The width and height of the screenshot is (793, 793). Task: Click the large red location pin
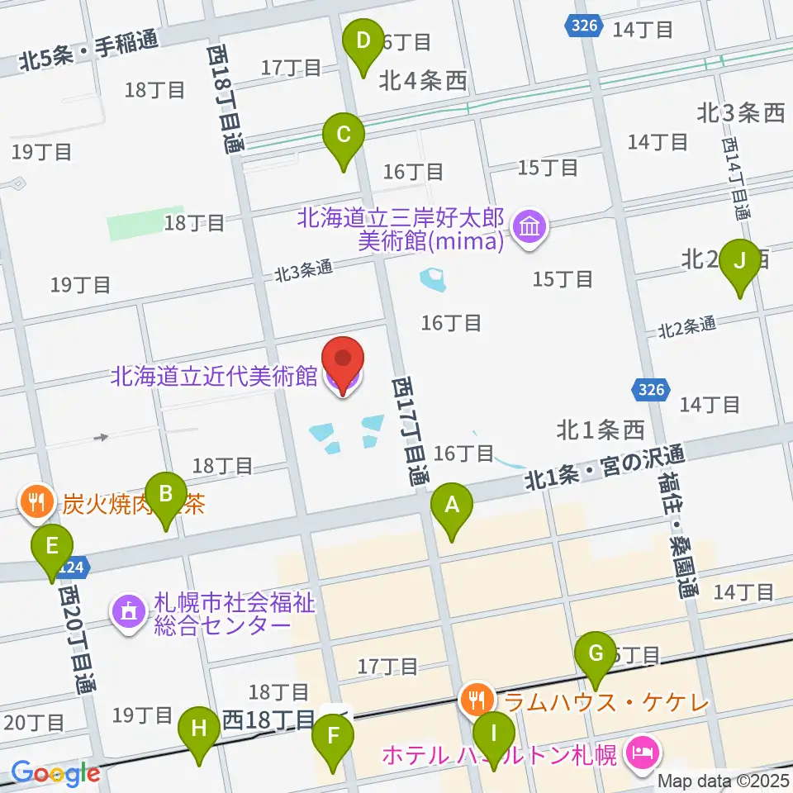tap(342, 363)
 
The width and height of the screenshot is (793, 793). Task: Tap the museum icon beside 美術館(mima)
tap(528, 226)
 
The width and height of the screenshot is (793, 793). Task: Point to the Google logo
tap(55, 773)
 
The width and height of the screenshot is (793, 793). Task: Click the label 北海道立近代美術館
tap(215, 377)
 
